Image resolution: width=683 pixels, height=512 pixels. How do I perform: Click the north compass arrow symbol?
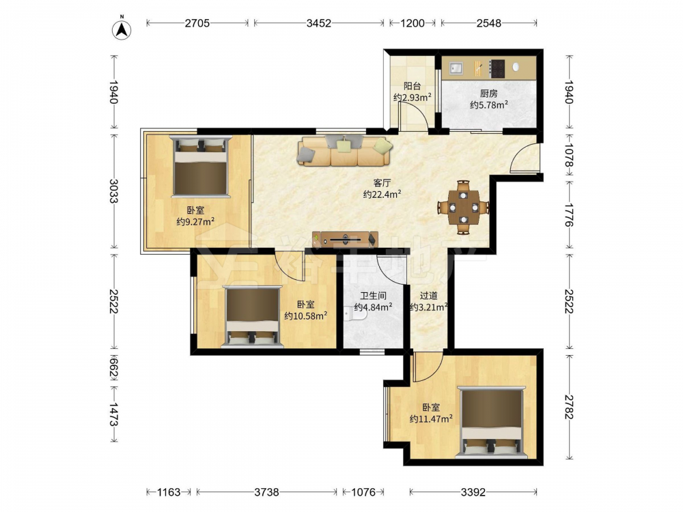[x=122, y=29]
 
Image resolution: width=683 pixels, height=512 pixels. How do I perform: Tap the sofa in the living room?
[x=344, y=151]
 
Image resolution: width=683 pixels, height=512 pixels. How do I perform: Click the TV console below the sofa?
[x=345, y=239]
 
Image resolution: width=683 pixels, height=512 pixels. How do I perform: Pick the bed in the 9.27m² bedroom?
[x=200, y=167]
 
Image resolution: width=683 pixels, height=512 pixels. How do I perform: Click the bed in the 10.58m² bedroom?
[x=252, y=317]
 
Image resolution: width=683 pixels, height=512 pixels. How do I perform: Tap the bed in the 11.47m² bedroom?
[x=490, y=423]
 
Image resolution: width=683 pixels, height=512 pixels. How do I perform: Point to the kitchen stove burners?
[x=497, y=68]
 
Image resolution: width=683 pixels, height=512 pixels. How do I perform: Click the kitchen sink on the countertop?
[x=456, y=68]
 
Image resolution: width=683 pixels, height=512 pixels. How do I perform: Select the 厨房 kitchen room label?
[x=489, y=93]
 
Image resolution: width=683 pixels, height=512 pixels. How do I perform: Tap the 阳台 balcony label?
[x=412, y=86]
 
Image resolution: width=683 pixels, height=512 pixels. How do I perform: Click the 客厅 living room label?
[x=382, y=183]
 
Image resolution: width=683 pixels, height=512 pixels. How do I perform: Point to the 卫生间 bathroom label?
[x=374, y=296]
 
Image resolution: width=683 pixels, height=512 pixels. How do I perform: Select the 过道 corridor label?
[x=429, y=296]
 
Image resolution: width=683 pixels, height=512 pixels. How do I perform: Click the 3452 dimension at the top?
[x=319, y=23]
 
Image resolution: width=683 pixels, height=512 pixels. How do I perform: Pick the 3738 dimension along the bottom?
[x=266, y=492]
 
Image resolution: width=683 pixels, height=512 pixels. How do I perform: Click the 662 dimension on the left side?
[x=113, y=367]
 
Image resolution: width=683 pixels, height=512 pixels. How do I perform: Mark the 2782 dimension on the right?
[x=569, y=407]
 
